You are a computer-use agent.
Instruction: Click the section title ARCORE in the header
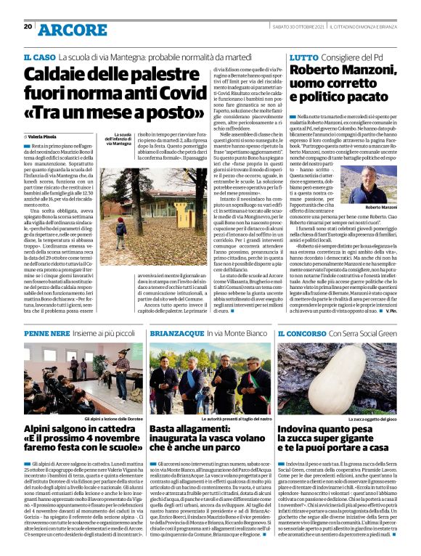pyautogui.click(x=70, y=29)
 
